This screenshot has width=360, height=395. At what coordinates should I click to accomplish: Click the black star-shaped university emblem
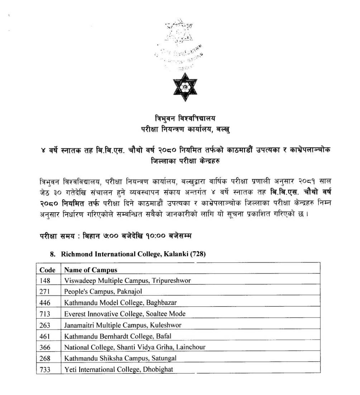click(180, 87)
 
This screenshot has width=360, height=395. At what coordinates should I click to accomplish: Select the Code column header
click(47, 270)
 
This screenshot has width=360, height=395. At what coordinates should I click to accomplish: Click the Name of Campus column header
click(91, 270)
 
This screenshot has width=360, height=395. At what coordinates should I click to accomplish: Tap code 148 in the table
click(44, 281)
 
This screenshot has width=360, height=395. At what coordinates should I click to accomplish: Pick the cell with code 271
click(44, 292)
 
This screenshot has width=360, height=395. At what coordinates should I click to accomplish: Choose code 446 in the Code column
click(45, 303)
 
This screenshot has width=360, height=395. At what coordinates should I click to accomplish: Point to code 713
click(44, 314)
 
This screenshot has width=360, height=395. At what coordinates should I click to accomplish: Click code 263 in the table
click(45, 325)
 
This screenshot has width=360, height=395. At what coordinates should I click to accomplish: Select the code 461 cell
click(45, 336)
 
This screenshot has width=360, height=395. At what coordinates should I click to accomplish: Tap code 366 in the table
click(45, 347)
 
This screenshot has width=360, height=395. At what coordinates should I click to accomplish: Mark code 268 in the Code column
click(45, 358)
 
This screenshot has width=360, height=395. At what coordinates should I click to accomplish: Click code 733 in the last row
click(45, 369)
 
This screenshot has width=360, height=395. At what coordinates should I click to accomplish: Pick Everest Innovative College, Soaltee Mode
click(125, 314)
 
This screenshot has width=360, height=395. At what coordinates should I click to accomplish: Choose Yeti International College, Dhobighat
click(116, 369)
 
